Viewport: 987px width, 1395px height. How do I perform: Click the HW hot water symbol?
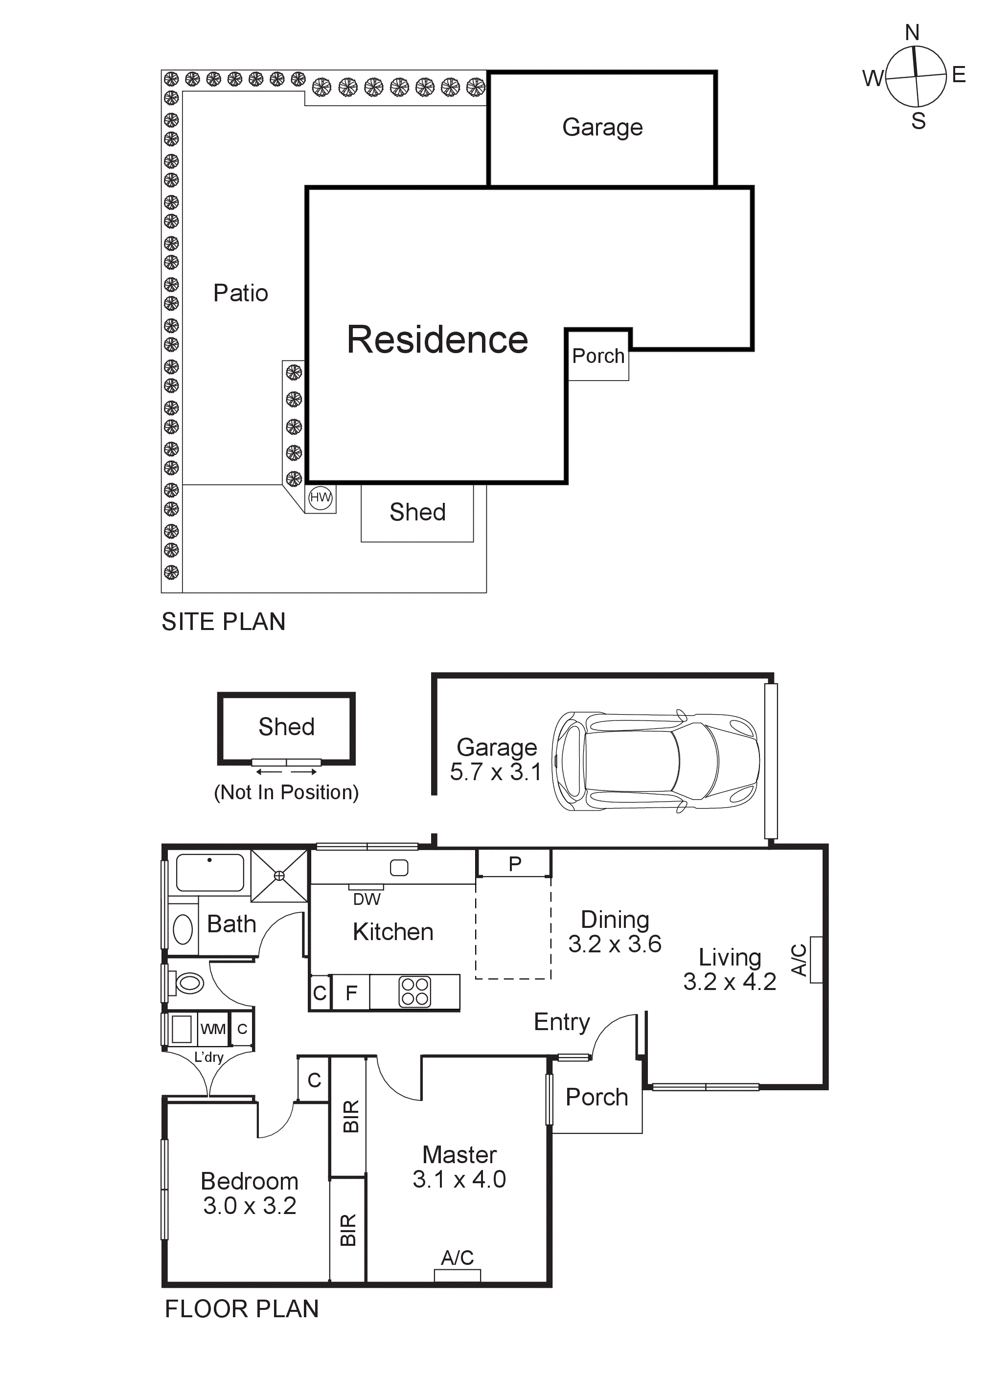point(321,497)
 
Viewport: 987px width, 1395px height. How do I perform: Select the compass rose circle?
point(916,77)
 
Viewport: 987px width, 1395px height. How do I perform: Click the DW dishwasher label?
point(367,899)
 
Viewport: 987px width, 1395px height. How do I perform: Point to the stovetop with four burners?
point(415,992)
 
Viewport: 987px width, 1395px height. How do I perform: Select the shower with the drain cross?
point(279,876)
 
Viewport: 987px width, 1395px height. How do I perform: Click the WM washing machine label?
point(213,1029)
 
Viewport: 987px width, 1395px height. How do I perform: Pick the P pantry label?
point(515,863)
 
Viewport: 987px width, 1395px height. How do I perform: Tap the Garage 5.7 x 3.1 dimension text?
point(495,772)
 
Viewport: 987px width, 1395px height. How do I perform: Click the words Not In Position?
point(286,792)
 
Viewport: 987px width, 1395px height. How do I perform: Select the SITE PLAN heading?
point(223,622)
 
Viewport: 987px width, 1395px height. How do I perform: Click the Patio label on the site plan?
point(240,293)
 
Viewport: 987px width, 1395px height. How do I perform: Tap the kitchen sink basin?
point(399,868)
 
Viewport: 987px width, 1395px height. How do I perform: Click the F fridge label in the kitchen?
point(351,993)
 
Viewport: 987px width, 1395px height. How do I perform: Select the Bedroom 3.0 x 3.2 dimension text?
point(249,1205)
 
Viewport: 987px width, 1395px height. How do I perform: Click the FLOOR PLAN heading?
point(241,1309)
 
